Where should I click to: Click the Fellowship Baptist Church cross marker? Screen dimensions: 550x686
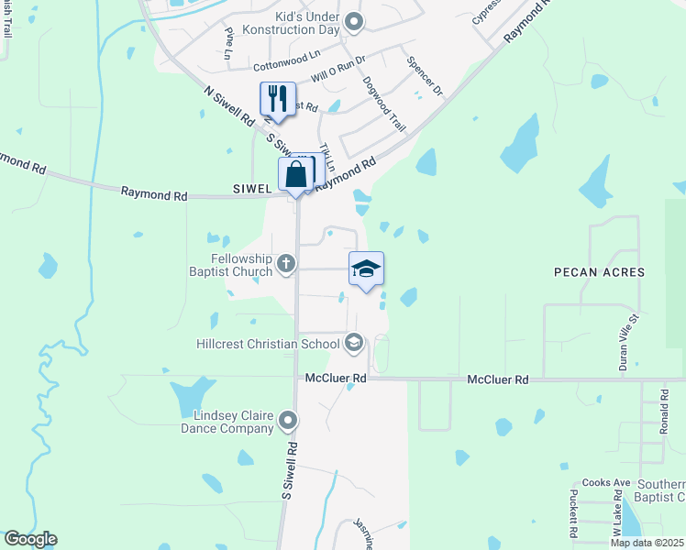click(x=286, y=265)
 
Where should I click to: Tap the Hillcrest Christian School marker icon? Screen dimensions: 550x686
click(x=353, y=345)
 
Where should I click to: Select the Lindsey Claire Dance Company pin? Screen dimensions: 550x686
click(x=288, y=422)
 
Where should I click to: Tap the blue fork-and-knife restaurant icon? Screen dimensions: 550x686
click(x=278, y=99)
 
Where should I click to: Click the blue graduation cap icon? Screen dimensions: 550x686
click(x=366, y=269)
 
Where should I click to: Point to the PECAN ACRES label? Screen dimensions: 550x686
click(x=599, y=272)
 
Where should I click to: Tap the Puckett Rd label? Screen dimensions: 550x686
click(x=572, y=513)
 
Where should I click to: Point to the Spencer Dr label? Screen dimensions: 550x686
click(x=425, y=79)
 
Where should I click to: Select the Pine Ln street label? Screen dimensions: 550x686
click(x=229, y=42)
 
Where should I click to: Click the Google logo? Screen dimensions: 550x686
click(x=30, y=539)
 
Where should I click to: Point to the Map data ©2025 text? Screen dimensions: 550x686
click(x=647, y=543)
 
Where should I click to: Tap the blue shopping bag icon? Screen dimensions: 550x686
click(x=295, y=174)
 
